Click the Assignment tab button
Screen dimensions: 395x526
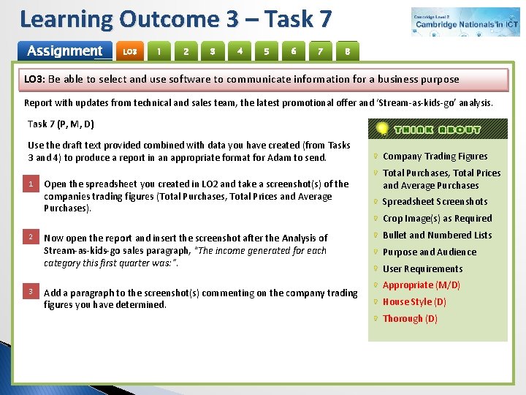pyautogui.click(x=64, y=51)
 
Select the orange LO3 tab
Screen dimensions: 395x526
pyautogui.click(x=130, y=52)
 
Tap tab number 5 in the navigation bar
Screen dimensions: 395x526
pyautogui.click(x=267, y=51)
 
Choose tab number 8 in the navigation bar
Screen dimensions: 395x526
pyautogui.click(x=348, y=51)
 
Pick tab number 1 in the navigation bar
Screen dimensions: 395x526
pyautogui.click(x=159, y=51)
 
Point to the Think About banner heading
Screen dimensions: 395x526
pyautogui.click(x=438, y=129)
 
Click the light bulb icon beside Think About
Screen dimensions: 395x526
pyautogui.click(x=381, y=129)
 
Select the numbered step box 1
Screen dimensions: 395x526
pyautogui.click(x=31, y=184)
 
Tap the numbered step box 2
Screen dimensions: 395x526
pyautogui.click(x=31, y=238)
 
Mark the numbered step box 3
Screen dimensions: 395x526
pyautogui.click(x=31, y=292)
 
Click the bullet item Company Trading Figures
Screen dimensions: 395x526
pyautogui.click(x=435, y=156)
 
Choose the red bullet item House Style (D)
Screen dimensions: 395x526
pyautogui.click(x=414, y=301)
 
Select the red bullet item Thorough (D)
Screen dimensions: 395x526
pyautogui.click(x=410, y=318)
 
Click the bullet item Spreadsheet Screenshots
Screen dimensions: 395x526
pyautogui.click(x=435, y=201)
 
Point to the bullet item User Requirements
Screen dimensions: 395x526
pyautogui.click(x=422, y=268)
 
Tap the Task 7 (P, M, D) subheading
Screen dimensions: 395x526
pyautogui.click(x=61, y=124)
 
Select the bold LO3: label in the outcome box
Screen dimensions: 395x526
pyautogui.click(x=35, y=79)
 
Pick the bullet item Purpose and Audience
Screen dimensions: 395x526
pyautogui.click(x=429, y=252)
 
